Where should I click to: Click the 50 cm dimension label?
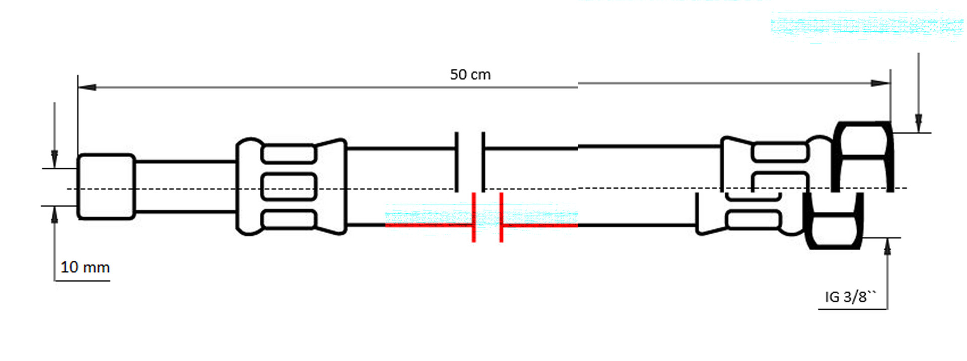click(470, 75)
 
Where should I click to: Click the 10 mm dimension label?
click(85, 267)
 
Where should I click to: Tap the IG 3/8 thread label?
click(850, 297)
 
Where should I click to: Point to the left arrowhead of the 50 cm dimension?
click(87, 87)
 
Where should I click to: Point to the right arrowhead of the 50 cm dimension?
click(881, 83)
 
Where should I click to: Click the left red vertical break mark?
click(474, 217)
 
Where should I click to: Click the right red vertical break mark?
click(501, 217)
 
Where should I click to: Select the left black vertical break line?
click(457, 162)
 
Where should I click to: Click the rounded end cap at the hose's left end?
click(106, 187)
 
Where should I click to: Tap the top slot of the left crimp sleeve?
click(289, 154)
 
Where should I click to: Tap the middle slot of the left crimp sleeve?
click(289, 186)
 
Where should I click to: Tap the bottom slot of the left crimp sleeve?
click(289, 220)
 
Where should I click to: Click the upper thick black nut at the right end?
click(862, 157)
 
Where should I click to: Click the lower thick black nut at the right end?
click(835, 221)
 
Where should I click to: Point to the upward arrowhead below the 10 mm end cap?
click(54, 215)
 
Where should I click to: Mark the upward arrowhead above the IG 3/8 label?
click(887, 247)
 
